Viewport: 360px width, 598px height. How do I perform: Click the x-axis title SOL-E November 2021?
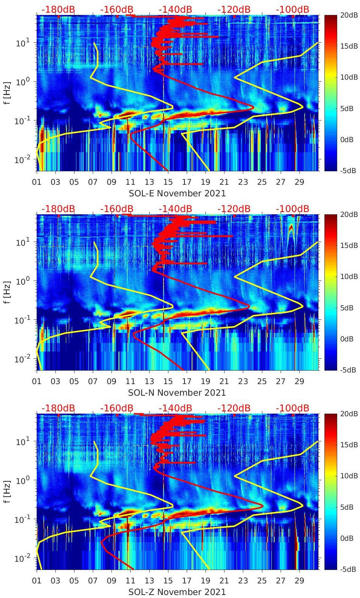177,193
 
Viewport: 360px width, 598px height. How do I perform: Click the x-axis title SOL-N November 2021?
177,393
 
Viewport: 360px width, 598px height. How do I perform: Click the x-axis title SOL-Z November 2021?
177,592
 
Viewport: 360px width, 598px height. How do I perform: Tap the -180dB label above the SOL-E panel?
58,9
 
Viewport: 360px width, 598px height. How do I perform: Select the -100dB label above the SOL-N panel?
293,209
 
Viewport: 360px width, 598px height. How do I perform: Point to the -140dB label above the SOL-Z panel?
175,408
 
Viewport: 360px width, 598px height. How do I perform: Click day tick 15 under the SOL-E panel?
168,182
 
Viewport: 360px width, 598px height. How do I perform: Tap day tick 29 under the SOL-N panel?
299,381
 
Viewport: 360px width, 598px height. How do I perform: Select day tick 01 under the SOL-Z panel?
37,581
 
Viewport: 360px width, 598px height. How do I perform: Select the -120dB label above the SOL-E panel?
234,9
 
